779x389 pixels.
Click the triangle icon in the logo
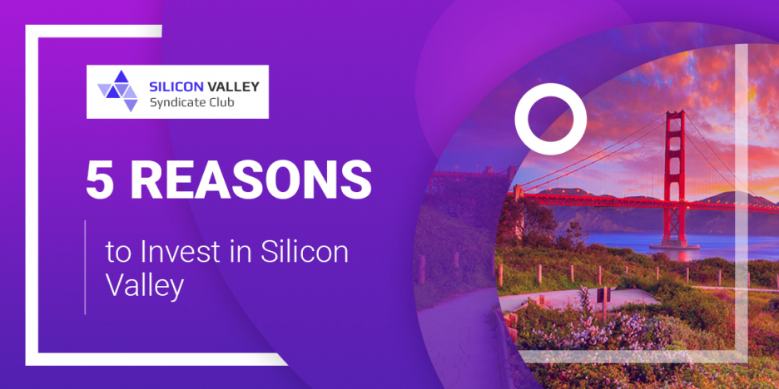point(117,91)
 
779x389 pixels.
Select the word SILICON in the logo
point(176,86)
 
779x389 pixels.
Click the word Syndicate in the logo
point(176,103)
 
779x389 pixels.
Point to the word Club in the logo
point(219,102)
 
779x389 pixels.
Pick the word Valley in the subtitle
point(145,286)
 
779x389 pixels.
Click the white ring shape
point(550,91)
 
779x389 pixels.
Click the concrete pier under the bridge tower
point(674,244)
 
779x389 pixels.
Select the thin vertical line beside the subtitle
point(85,268)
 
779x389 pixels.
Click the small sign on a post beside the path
point(603,295)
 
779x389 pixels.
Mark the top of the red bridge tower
point(675,111)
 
